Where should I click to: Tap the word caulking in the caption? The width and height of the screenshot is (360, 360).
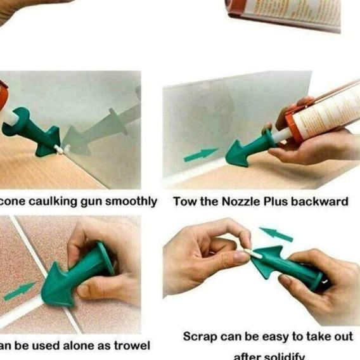coord(53,202)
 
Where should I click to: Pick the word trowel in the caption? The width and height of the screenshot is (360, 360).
coord(131,345)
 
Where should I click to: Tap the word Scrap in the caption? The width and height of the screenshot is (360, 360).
coord(200,336)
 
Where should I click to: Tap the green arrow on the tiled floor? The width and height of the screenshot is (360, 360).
coord(18,292)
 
